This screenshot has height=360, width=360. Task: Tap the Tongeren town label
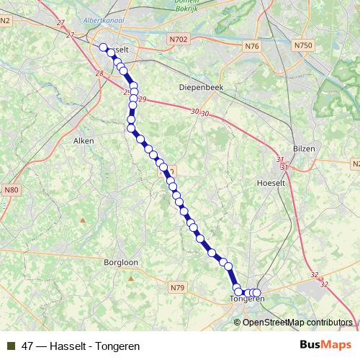point(247,299)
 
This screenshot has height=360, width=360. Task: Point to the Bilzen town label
point(305,148)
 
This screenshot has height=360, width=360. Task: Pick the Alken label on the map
point(84,141)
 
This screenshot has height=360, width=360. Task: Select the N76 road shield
point(251,46)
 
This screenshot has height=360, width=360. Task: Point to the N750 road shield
point(303,45)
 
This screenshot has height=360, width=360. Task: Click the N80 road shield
point(11,190)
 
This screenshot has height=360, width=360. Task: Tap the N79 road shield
point(178,288)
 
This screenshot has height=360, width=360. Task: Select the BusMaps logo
point(325,345)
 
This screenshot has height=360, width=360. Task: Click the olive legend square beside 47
point(11,346)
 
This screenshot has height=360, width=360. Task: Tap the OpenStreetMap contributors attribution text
point(297,323)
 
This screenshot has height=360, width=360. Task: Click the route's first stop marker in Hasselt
point(103,48)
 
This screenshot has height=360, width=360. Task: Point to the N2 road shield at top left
point(5,20)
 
